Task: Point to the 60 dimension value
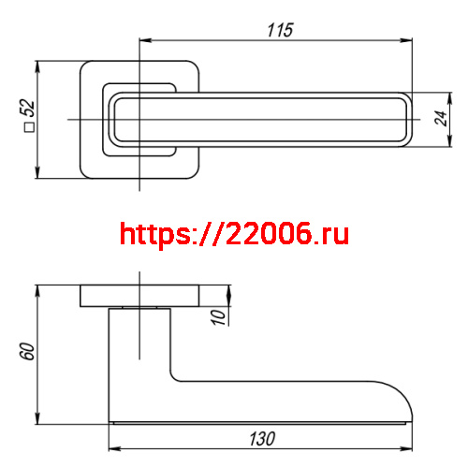(27, 352)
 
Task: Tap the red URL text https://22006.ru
(235, 233)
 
